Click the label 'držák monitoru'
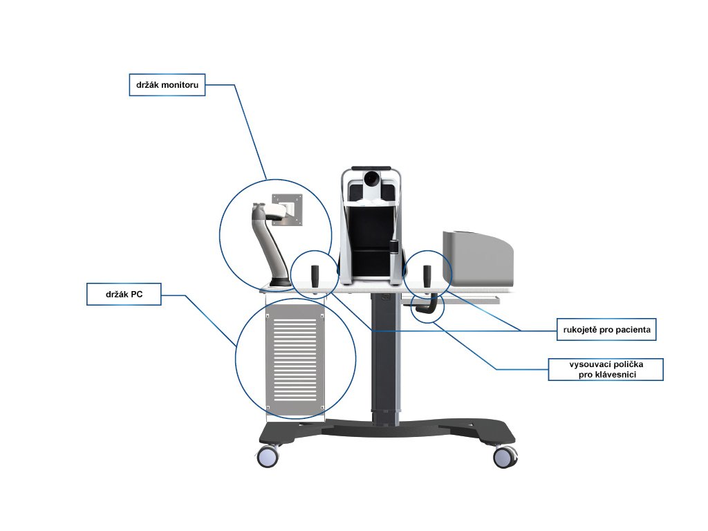167,85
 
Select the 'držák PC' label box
124,295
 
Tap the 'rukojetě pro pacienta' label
606,330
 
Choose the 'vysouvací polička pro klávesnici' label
606,369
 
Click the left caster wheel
268,456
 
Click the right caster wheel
505,456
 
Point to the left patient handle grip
315,277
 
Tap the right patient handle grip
426,277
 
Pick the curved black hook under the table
429,307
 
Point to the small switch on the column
384,299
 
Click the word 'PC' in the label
136,295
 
